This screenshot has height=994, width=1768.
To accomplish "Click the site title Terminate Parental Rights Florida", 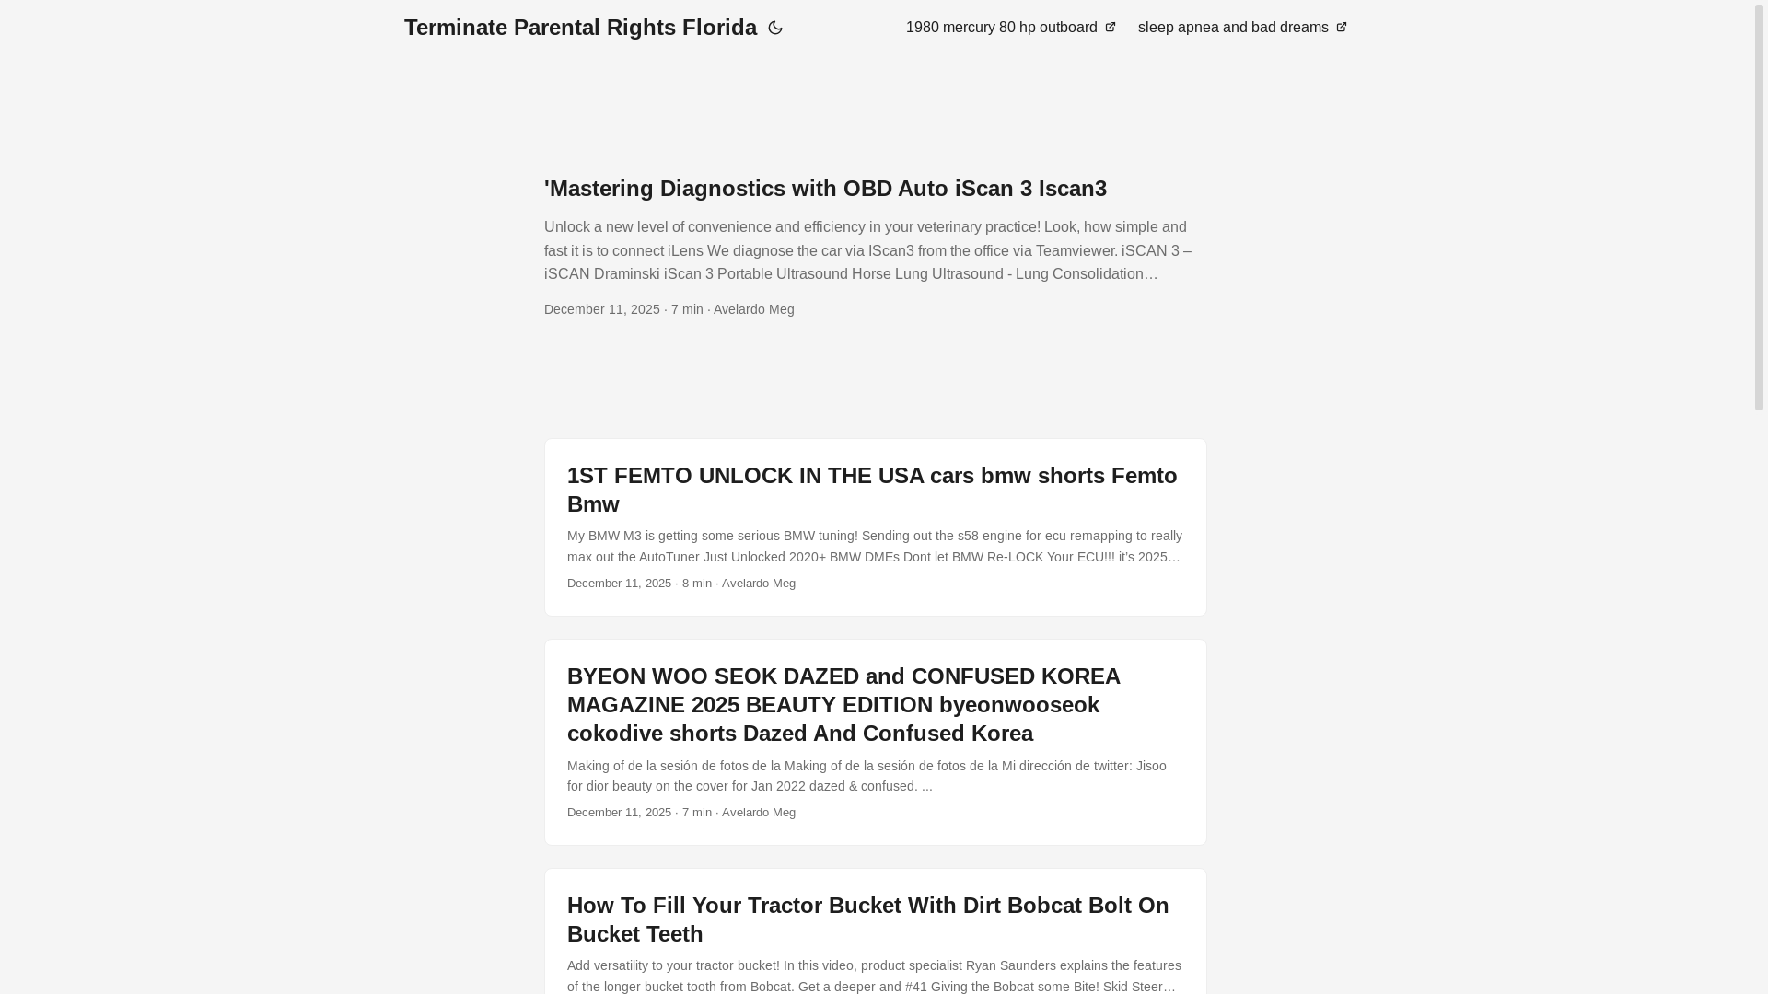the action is click(580, 28).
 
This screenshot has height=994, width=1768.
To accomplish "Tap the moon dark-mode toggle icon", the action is click(775, 29).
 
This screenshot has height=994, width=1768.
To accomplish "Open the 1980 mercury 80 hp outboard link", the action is click(1001, 28).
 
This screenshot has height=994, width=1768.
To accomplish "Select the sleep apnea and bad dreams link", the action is click(1233, 28).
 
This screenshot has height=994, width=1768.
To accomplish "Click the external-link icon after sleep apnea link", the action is click(1342, 28).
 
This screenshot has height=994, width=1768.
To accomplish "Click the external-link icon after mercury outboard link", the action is click(1111, 28).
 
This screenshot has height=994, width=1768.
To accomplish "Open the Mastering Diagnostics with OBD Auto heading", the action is click(825, 189).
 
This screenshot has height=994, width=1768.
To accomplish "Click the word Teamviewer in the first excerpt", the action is click(1076, 250).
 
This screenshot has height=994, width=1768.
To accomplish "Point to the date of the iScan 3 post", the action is click(602, 309).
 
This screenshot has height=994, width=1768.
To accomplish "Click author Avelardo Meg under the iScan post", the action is click(753, 309).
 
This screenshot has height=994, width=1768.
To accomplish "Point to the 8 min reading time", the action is click(697, 584).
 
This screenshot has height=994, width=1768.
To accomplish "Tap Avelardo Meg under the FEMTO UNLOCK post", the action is click(759, 584).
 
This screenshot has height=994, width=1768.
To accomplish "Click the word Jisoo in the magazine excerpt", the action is click(1151, 766).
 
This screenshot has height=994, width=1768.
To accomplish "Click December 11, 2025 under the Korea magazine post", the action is click(619, 813).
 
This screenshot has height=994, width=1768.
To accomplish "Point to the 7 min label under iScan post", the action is click(687, 309).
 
